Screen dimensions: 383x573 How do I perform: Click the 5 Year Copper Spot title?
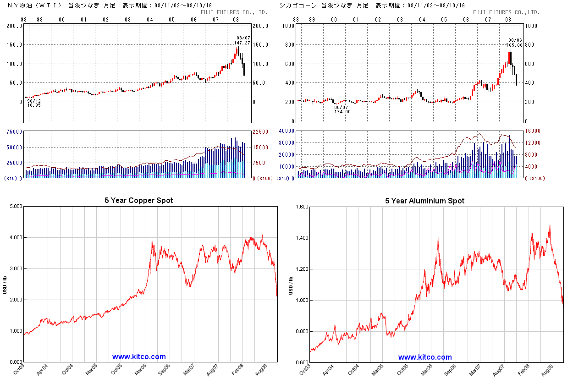139,201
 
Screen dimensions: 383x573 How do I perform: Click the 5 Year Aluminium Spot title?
424,201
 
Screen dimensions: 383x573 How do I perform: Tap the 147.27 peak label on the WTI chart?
242,43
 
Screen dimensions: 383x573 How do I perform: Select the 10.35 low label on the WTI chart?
34,105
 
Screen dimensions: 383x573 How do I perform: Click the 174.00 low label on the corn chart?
342,112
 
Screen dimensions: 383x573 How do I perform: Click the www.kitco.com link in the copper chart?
139,357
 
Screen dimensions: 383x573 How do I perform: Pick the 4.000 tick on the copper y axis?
16,238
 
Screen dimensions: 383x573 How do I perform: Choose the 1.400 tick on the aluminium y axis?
301,238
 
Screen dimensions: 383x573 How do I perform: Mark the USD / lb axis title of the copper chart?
5,284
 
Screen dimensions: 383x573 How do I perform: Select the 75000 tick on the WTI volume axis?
14,131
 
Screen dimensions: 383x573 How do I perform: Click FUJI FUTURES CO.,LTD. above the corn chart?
506,12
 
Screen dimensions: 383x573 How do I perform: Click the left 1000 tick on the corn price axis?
288,26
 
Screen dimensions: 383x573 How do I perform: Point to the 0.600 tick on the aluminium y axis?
301,362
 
